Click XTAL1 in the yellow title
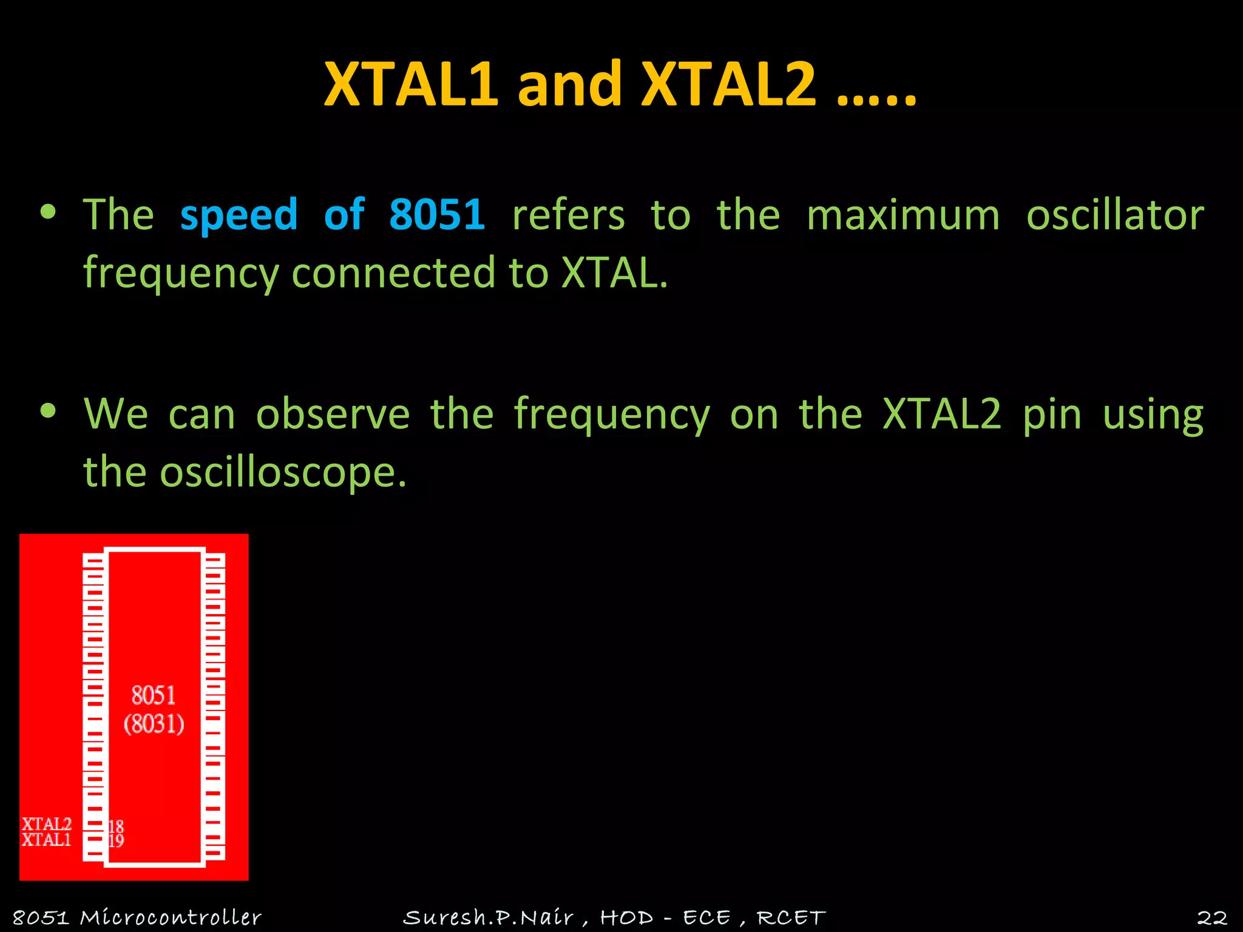412,85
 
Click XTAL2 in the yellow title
728,85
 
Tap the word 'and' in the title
569,85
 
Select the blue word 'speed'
239,215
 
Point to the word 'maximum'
903,215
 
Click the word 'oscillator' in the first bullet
1114,215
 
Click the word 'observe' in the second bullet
333,414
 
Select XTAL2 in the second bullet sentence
941,414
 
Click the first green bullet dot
48,212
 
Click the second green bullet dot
48,411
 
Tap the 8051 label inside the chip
154,695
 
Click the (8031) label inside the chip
154,724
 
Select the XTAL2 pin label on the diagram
47,824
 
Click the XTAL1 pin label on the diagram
47,840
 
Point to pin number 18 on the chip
116,826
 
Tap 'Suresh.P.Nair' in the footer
488,917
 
